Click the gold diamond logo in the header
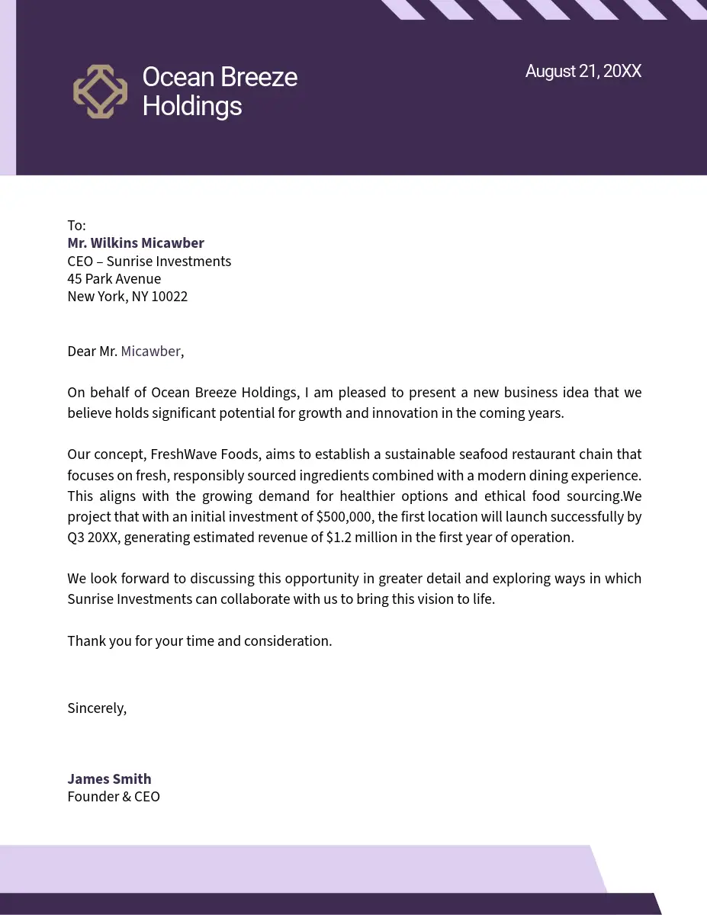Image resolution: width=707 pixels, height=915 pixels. [x=100, y=91]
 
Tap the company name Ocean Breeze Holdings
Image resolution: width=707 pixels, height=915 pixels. [x=220, y=91]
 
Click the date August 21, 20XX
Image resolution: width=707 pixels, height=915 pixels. [x=583, y=72]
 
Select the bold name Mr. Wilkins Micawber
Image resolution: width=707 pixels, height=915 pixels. [x=136, y=243]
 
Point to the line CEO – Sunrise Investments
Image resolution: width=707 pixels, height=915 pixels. [x=149, y=262]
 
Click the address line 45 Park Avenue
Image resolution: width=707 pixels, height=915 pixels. [x=114, y=279]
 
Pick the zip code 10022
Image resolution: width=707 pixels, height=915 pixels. [x=169, y=297]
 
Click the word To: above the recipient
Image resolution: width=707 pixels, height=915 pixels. [x=76, y=226]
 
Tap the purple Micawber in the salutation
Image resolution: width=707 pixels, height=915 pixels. [x=150, y=352]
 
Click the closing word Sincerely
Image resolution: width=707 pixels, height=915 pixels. [x=96, y=708]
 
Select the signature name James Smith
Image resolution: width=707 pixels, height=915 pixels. [x=109, y=779]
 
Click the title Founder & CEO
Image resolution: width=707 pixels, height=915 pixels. [x=114, y=797]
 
